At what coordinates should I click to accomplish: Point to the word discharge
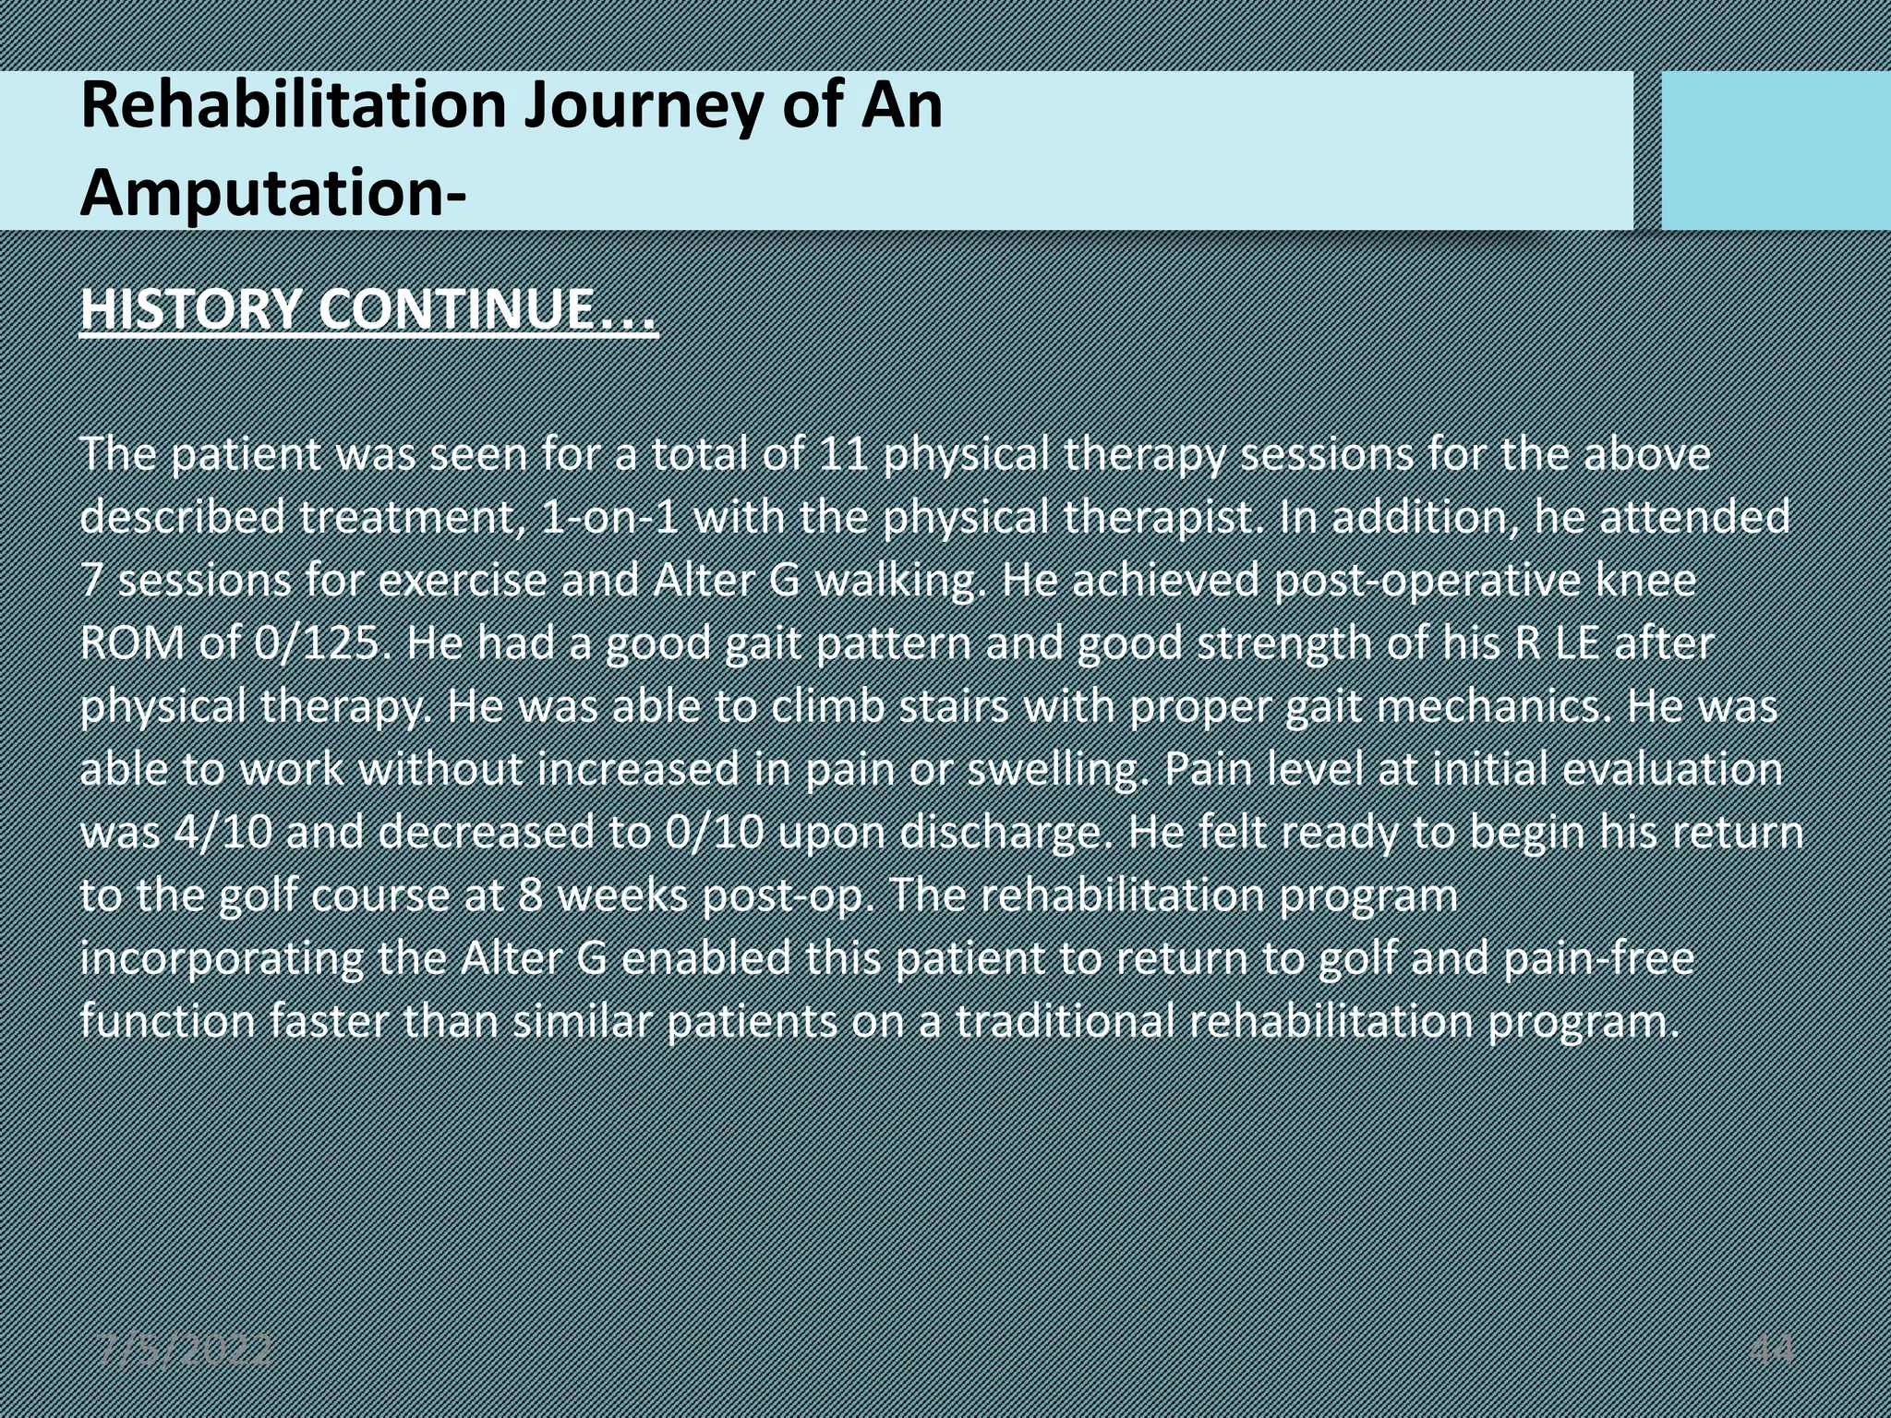[x=1001, y=833]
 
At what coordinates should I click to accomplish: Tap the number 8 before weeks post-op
[x=530, y=895]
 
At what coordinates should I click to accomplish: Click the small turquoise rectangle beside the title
[x=1775, y=150]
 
